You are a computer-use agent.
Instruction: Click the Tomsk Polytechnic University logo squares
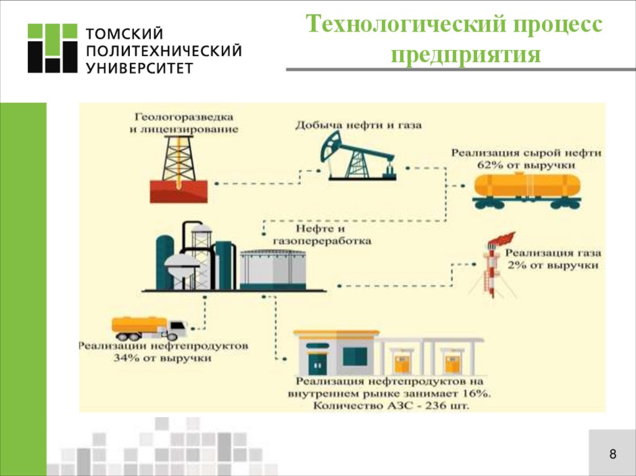(52, 48)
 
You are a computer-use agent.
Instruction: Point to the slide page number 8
(612, 454)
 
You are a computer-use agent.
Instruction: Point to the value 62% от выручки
(526, 165)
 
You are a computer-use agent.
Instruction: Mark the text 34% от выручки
(163, 358)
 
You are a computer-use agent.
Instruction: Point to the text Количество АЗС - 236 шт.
(391, 406)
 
